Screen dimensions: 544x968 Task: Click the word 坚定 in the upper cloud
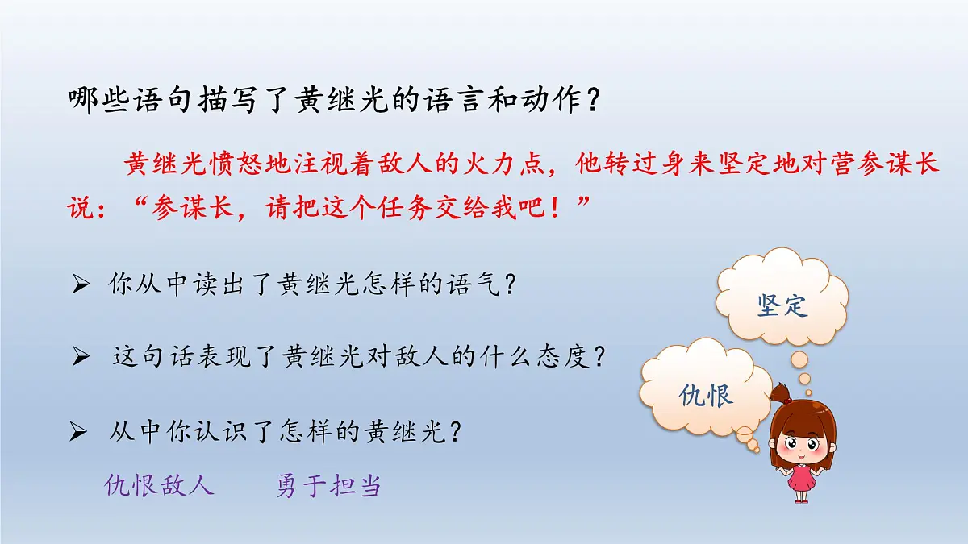click(x=782, y=305)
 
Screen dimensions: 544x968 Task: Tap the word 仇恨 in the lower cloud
click(x=706, y=396)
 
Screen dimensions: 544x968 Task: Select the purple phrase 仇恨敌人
click(x=160, y=485)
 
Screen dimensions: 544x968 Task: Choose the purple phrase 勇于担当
click(x=328, y=485)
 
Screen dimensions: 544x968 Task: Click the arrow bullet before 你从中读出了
click(x=79, y=285)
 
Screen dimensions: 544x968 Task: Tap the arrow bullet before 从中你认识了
click(x=79, y=433)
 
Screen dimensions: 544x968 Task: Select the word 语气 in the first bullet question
click(x=478, y=285)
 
